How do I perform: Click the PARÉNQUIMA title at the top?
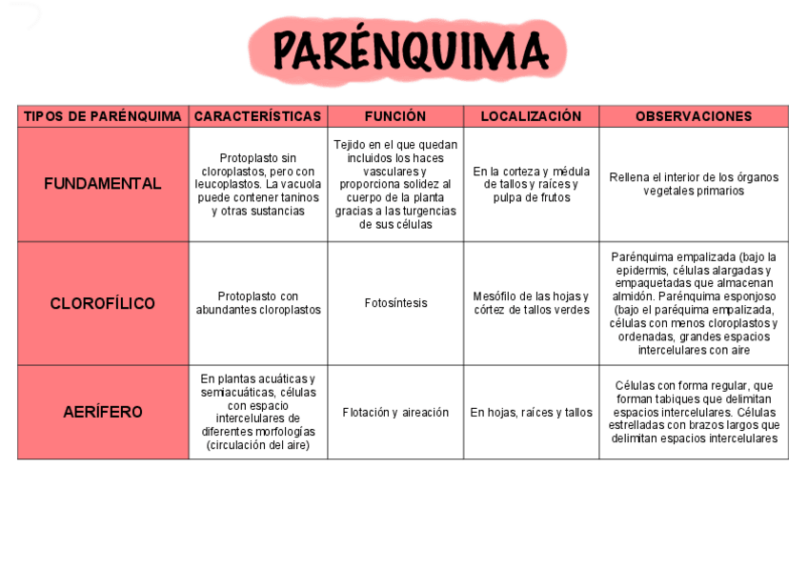410,50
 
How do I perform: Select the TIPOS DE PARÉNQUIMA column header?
103,116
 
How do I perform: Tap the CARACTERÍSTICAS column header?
257,116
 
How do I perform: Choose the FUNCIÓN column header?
395,116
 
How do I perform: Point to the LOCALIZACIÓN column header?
531,116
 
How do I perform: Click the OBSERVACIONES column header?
694,116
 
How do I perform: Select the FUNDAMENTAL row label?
103,184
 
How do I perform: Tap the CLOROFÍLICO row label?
103,303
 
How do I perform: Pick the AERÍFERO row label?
103,412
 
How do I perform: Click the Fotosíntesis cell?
395,303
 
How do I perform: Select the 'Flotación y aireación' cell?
395,413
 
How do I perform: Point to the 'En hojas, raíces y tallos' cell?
531,413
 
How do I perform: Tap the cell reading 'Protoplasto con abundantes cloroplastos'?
258,303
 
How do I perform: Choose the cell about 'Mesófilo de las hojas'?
531,303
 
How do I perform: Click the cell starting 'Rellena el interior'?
694,184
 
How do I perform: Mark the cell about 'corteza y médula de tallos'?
531,184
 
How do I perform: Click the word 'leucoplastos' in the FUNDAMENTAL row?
225,184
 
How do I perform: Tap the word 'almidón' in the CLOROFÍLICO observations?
632,296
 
